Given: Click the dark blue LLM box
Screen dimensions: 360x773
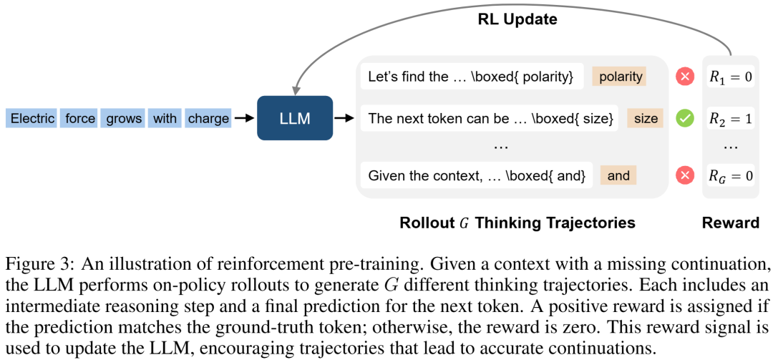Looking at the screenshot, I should (295, 118).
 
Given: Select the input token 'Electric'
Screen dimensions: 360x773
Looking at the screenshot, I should (33, 118).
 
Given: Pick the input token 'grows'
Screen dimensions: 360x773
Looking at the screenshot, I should (124, 118).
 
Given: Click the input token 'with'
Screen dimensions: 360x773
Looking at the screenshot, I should (165, 118).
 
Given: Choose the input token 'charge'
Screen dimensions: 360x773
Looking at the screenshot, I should (208, 118).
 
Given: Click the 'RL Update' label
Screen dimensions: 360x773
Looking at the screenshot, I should (517, 19).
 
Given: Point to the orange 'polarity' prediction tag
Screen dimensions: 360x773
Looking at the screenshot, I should (619, 77).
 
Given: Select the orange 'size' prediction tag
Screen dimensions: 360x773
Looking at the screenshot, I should (645, 118).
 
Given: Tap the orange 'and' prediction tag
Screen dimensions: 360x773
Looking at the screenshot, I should (618, 175).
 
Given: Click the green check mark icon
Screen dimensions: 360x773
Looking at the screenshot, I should (686, 118).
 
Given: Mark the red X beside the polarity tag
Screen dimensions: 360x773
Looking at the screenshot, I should (686, 77).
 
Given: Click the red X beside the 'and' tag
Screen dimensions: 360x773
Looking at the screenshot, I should (686, 175).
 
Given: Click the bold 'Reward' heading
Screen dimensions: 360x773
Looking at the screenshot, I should (731, 223).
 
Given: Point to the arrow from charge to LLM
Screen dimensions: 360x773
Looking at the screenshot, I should (244, 118).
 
